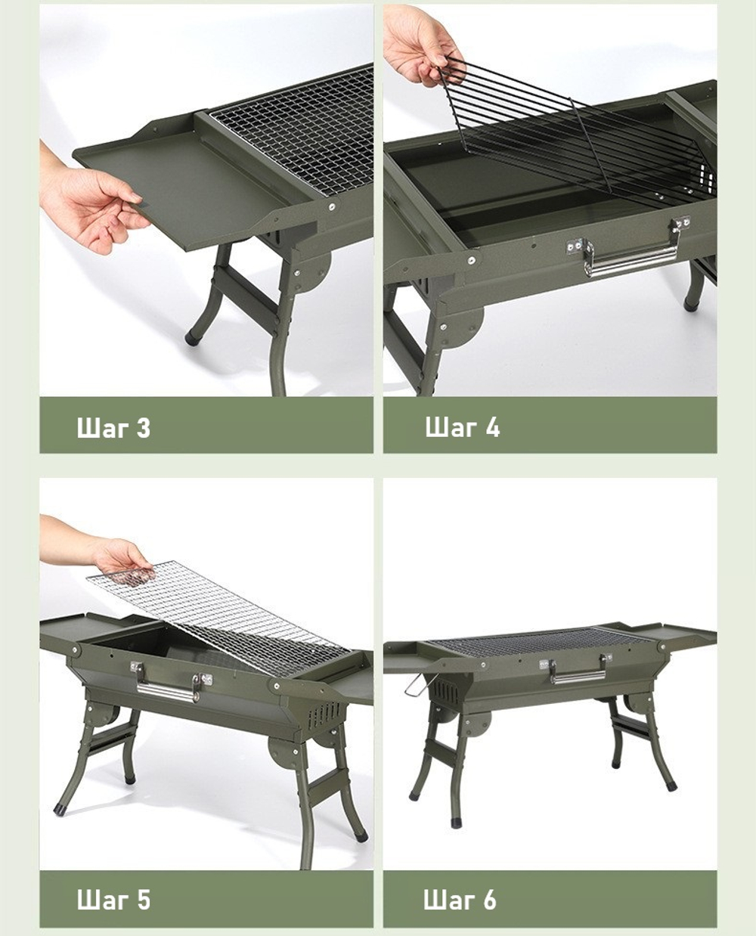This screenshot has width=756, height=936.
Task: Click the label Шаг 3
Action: click(x=113, y=427)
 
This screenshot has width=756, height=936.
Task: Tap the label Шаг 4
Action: click(x=462, y=427)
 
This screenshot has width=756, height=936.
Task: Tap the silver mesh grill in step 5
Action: click(x=220, y=620)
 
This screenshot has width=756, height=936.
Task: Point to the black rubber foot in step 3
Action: click(x=191, y=339)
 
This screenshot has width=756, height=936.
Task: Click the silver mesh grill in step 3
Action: click(x=292, y=128)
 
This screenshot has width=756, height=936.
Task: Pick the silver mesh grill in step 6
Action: click(x=541, y=641)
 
